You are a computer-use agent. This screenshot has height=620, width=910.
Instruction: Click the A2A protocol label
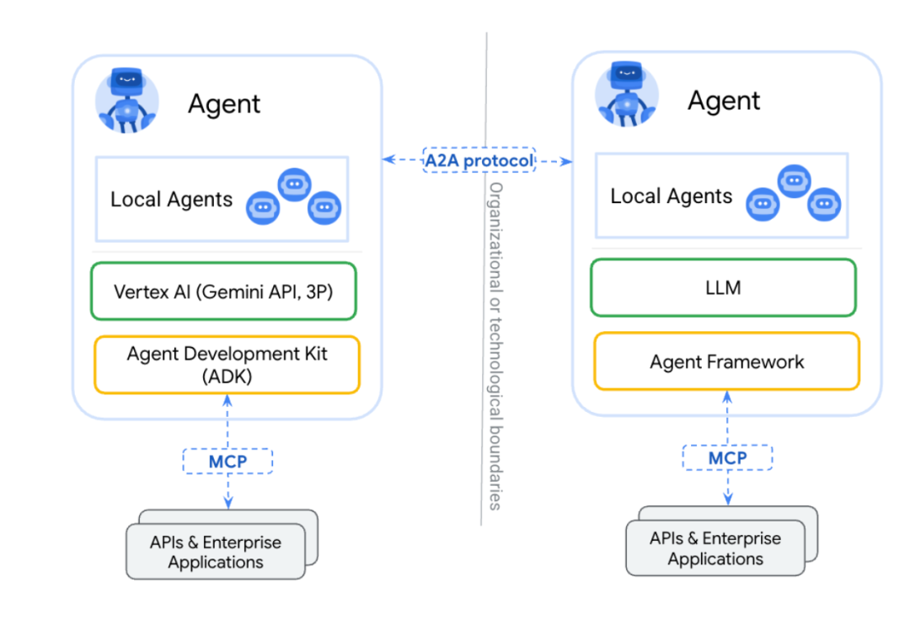click(x=479, y=160)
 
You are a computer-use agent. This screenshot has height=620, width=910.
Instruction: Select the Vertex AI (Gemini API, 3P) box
click(x=223, y=291)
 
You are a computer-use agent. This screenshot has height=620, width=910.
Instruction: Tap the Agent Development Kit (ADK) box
click(x=227, y=364)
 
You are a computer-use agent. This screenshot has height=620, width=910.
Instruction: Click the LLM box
click(x=723, y=287)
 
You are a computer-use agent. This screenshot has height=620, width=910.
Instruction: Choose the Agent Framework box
click(x=726, y=361)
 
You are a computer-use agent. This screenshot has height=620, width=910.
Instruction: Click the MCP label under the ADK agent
click(x=227, y=461)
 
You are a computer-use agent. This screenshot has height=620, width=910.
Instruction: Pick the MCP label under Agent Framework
click(x=727, y=457)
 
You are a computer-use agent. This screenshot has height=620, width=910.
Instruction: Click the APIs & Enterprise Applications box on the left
click(x=216, y=552)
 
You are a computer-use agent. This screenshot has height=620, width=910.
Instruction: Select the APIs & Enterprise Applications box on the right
click(x=715, y=548)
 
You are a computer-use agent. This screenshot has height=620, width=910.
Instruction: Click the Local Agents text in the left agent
click(x=171, y=200)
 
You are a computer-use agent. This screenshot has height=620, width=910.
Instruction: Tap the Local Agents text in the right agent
click(x=671, y=196)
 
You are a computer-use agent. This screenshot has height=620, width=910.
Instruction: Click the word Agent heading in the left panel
click(x=224, y=104)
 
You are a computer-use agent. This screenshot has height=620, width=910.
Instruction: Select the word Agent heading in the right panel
click(x=724, y=100)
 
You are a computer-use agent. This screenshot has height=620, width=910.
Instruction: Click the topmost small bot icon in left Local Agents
click(x=294, y=184)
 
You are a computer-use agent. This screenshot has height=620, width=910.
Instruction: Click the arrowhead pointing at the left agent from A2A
click(x=388, y=159)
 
